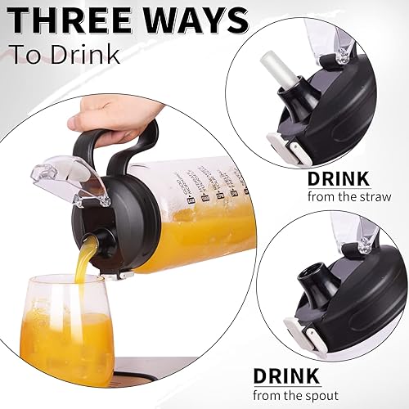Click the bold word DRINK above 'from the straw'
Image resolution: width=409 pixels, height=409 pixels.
[339, 178]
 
